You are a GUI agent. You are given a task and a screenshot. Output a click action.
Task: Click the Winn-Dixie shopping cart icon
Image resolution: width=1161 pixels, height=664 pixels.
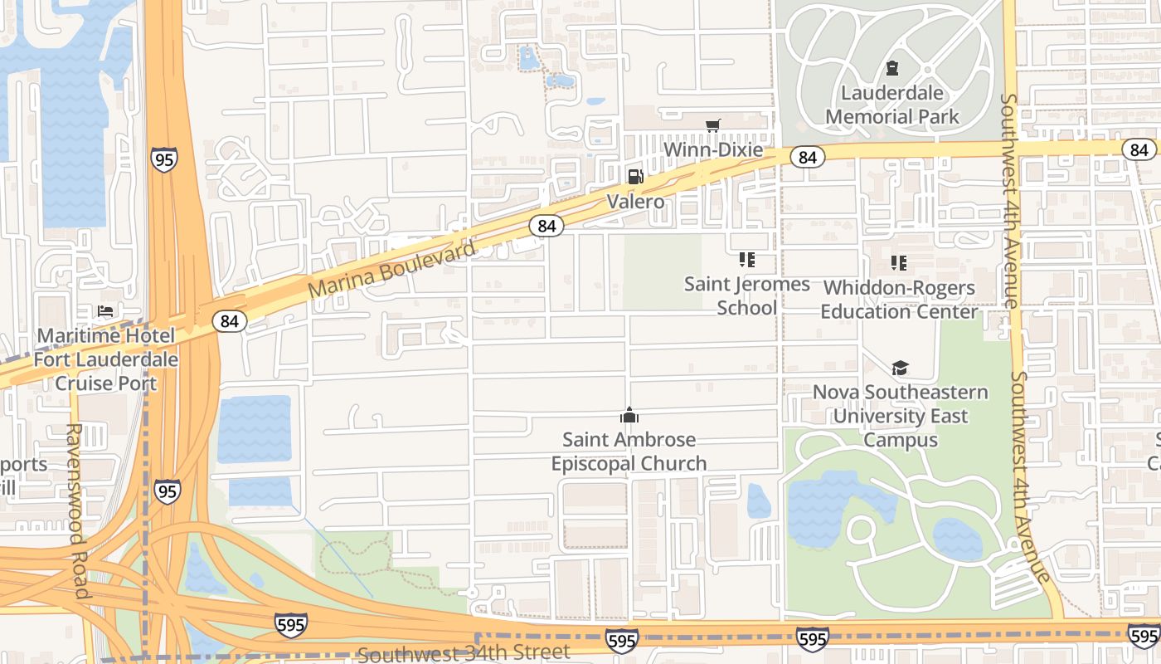click(x=712, y=126)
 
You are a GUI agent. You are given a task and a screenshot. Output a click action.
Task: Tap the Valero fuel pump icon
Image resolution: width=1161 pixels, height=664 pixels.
click(x=635, y=176)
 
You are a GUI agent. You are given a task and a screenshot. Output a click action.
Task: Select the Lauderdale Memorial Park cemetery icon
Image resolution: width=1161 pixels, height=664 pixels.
click(x=892, y=68)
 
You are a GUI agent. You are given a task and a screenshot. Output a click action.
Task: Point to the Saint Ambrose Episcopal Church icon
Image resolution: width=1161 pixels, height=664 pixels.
click(x=629, y=414)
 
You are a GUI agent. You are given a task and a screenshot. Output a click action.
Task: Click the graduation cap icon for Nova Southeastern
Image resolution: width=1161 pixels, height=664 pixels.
click(x=900, y=368)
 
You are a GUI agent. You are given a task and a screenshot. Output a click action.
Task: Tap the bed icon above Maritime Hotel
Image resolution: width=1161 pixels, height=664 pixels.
click(x=105, y=311)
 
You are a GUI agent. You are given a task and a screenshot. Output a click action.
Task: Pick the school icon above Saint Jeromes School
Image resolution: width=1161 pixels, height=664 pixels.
click(x=746, y=260)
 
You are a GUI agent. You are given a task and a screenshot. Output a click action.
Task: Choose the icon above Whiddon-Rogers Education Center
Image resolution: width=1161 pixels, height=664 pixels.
click(x=899, y=263)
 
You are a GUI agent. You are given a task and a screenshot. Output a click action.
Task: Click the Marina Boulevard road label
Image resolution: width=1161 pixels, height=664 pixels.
click(x=393, y=270)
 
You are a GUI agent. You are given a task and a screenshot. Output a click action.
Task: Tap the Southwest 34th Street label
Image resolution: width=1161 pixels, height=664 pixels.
click(x=464, y=652)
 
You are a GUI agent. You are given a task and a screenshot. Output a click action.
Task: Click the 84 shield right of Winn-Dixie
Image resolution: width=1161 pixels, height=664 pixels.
click(x=807, y=156)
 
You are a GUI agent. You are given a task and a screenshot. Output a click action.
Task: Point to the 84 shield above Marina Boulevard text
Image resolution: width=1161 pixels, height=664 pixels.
click(x=546, y=226)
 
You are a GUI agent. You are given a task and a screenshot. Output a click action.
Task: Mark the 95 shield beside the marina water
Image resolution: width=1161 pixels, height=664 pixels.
click(x=164, y=159)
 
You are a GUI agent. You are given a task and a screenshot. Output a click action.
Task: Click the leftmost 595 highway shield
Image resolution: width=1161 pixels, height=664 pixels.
click(x=291, y=624)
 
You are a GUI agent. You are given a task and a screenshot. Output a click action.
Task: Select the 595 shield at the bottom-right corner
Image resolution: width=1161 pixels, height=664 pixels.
click(x=1144, y=637)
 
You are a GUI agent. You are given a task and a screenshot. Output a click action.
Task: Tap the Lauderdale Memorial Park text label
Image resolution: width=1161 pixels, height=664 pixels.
click(x=892, y=105)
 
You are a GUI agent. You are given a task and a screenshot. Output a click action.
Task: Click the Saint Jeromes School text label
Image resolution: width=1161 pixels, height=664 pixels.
click(x=746, y=295)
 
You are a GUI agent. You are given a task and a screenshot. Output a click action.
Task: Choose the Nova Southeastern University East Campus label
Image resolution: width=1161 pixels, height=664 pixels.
click(x=901, y=416)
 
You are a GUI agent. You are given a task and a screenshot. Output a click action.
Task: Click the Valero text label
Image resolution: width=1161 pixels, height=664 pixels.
click(x=635, y=202)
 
